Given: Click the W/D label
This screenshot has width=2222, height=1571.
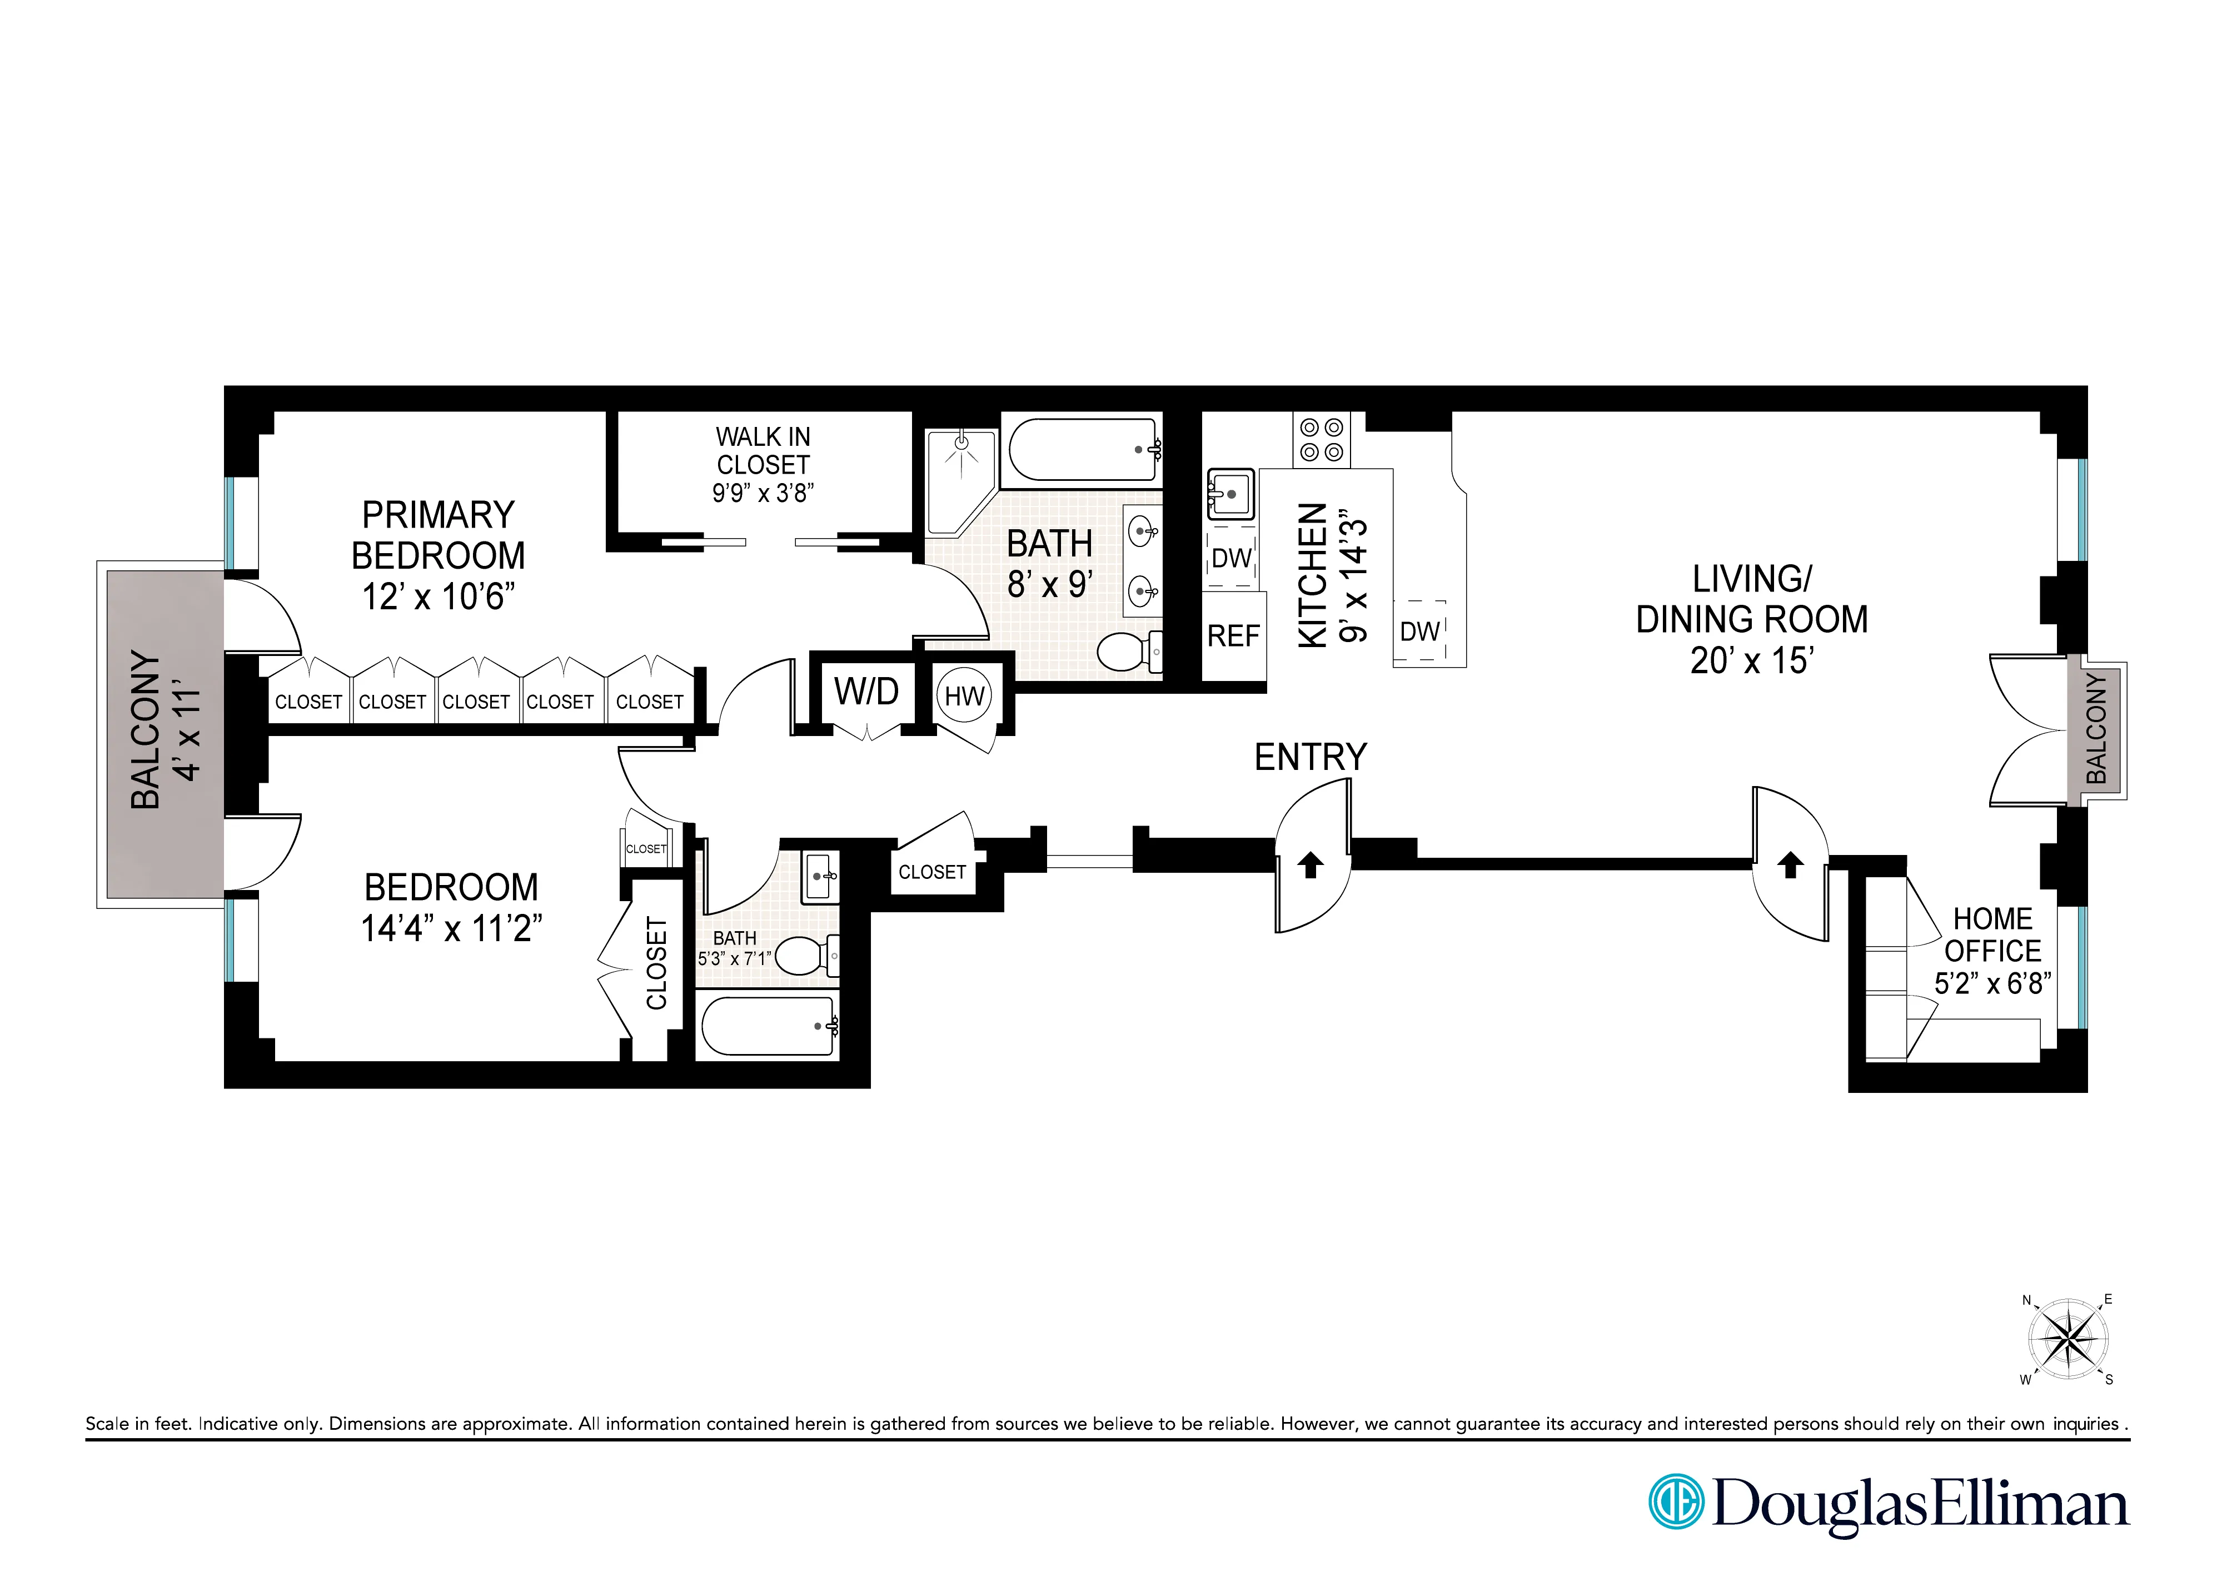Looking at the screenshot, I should coord(866,692).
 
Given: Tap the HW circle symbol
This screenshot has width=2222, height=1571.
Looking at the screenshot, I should coord(964,696).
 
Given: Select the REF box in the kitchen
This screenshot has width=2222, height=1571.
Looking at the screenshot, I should coord(1233,636).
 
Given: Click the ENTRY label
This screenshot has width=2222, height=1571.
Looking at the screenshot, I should coord(1311,757).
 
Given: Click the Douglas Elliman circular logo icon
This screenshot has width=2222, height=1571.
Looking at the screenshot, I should coord(1675,1502).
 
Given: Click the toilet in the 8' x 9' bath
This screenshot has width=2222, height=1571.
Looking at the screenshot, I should coord(1128,652).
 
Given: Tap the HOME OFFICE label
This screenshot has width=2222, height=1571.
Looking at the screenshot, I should coord(1992,934).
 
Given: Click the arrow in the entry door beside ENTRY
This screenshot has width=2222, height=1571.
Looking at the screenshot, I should coord(1311,864).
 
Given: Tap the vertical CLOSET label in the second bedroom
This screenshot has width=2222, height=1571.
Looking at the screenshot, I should coord(656,963).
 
